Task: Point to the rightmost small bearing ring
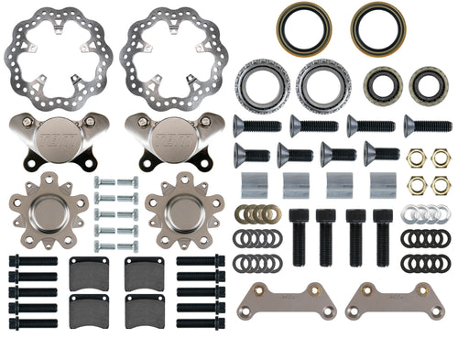pos(428,85)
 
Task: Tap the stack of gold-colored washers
pos(257,213)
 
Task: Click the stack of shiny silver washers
pos(424,213)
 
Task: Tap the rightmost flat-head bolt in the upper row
pos(426,125)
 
